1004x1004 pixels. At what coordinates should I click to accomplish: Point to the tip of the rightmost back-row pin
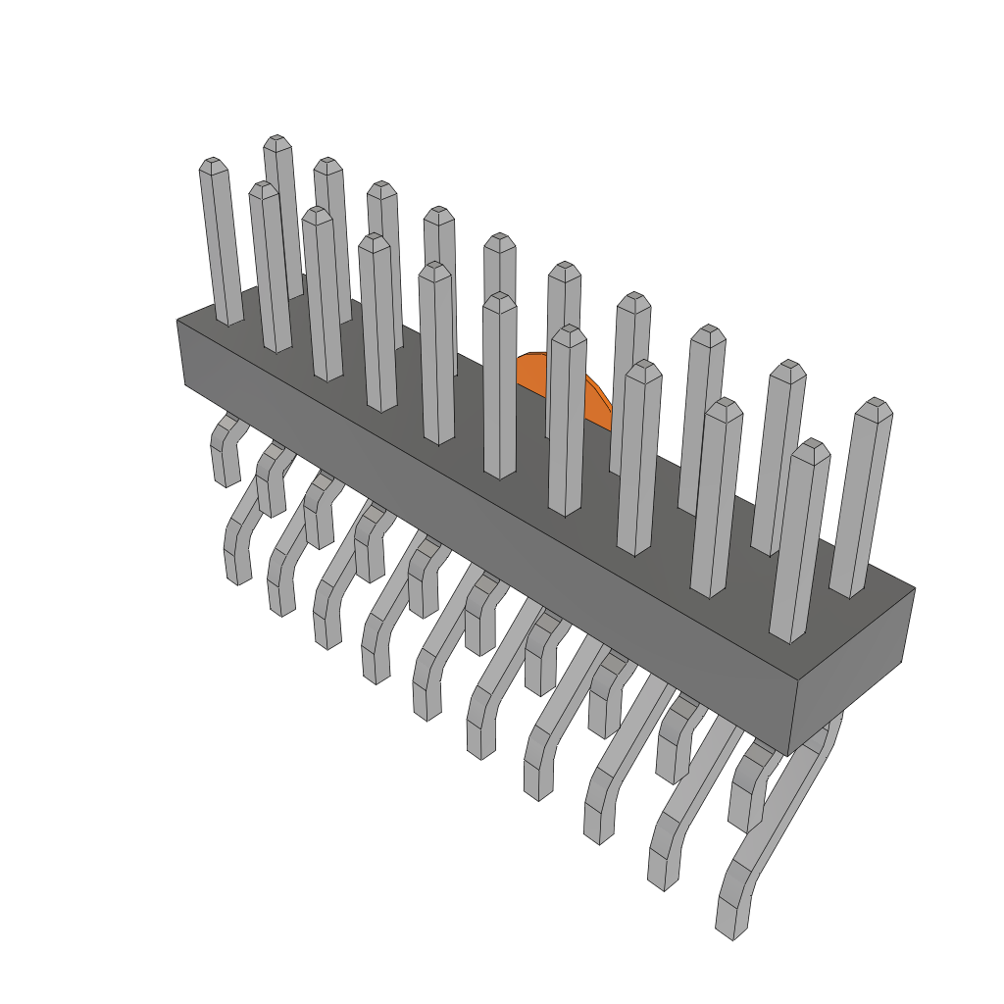click(874, 406)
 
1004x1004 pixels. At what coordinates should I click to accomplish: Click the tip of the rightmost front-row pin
click(812, 447)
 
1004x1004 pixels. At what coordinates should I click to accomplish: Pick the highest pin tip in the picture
click(277, 142)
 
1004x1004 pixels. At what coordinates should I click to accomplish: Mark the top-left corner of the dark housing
click(178, 321)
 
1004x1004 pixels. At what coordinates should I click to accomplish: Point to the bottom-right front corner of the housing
click(788, 753)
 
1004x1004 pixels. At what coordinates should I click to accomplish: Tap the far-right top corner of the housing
click(914, 589)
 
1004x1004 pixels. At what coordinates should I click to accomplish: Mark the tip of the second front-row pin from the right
click(724, 407)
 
